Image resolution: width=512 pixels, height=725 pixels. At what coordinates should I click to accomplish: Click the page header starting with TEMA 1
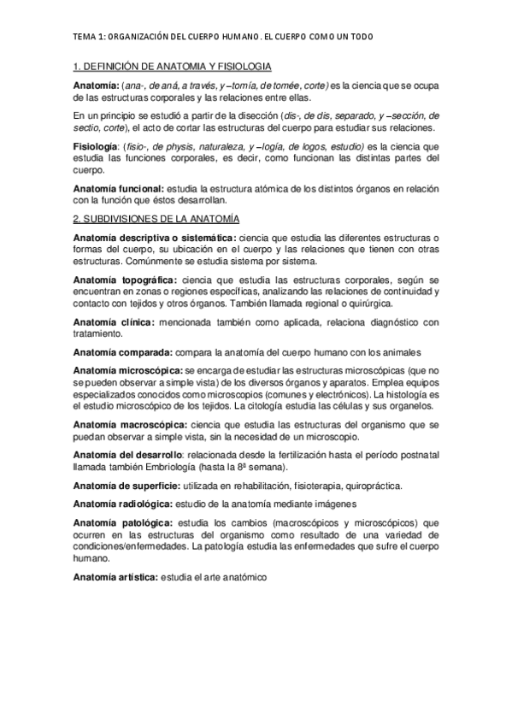pos(222,38)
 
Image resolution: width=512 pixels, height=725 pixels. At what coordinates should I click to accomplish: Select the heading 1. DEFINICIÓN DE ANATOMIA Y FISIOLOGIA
pos(173,66)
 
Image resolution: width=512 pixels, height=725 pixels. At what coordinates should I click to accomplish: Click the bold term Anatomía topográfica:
pos(125,280)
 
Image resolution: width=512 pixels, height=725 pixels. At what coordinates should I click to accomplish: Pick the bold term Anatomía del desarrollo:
pos(124,455)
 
